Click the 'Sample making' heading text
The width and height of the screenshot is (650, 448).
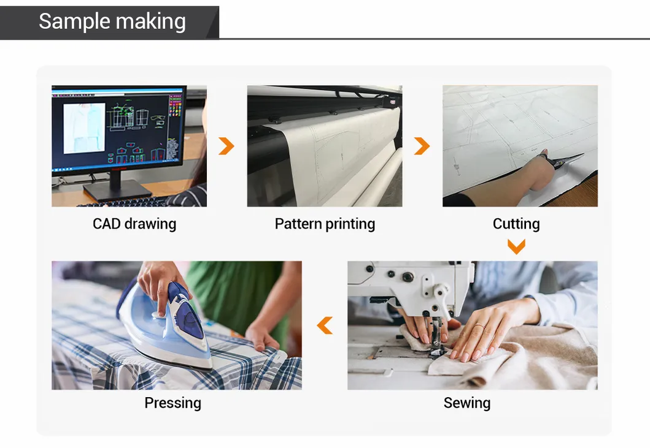tap(112, 21)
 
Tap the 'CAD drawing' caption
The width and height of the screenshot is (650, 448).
tap(134, 224)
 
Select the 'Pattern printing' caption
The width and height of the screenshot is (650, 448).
tap(325, 224)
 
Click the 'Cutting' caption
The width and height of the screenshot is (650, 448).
tap(516, 224)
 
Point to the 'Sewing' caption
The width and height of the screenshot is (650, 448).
tap(466, 403)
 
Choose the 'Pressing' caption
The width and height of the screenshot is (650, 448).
tap(173, 403)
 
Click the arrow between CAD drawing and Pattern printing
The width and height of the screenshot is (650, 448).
tap(226, 146)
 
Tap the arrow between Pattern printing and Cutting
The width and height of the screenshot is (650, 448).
tap(422, 146)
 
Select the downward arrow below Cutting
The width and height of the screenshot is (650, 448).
tap(517, 246)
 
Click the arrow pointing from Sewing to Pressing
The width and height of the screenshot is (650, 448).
tap(325, 325)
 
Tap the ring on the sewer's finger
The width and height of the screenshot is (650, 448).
tap(479, 326)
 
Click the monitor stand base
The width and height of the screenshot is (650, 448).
tap(117, 191)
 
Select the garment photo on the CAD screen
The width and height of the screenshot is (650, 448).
tap(83, 128)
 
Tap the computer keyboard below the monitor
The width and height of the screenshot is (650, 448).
tap(125, 202)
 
